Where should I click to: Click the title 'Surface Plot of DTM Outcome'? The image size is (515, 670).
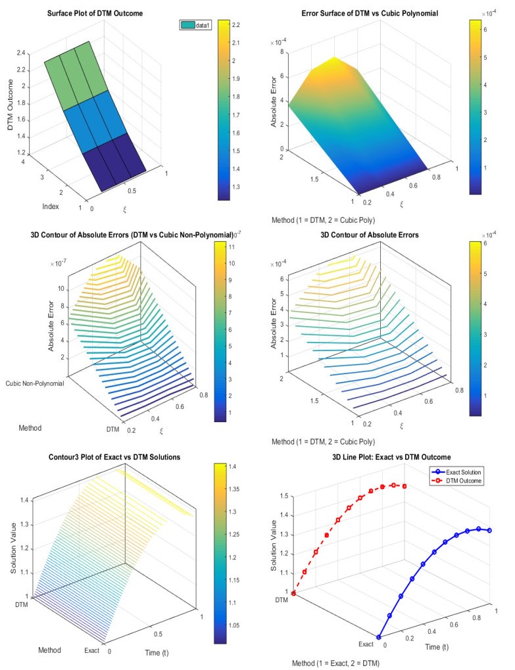point(95,13)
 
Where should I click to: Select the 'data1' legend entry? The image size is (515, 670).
point(195,26)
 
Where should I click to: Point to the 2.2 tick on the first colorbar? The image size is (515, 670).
point(236,25)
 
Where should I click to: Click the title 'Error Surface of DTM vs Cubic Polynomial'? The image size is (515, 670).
point(370,13)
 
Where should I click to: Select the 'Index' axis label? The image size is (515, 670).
point(51,206)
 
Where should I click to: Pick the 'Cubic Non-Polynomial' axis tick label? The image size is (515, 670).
point(35,383)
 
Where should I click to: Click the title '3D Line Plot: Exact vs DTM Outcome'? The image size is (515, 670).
point(391,457)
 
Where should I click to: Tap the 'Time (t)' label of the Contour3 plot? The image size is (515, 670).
point(157,652)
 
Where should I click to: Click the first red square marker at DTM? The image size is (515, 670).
point(293,593)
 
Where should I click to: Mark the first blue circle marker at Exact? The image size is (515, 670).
point(378,637)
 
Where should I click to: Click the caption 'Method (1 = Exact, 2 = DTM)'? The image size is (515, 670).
point(335,663)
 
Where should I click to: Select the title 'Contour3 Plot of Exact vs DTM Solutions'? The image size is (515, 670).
point(114,457)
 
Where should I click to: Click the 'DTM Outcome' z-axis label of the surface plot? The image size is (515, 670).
point(11,105)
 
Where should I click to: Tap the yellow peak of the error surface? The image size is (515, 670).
point(334,58)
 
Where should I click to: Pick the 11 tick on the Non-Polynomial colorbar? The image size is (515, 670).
point(232,247)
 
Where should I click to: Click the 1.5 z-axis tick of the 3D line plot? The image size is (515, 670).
point(283,496)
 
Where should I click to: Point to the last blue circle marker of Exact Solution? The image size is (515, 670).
point(489,530)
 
